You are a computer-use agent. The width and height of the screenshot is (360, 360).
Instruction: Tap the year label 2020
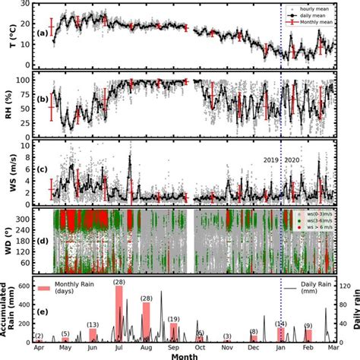tap(292, 160)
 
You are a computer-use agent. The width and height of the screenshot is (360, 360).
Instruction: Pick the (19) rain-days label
tap(174, 319)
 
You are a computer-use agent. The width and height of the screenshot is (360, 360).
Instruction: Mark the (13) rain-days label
tap(93, 324)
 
